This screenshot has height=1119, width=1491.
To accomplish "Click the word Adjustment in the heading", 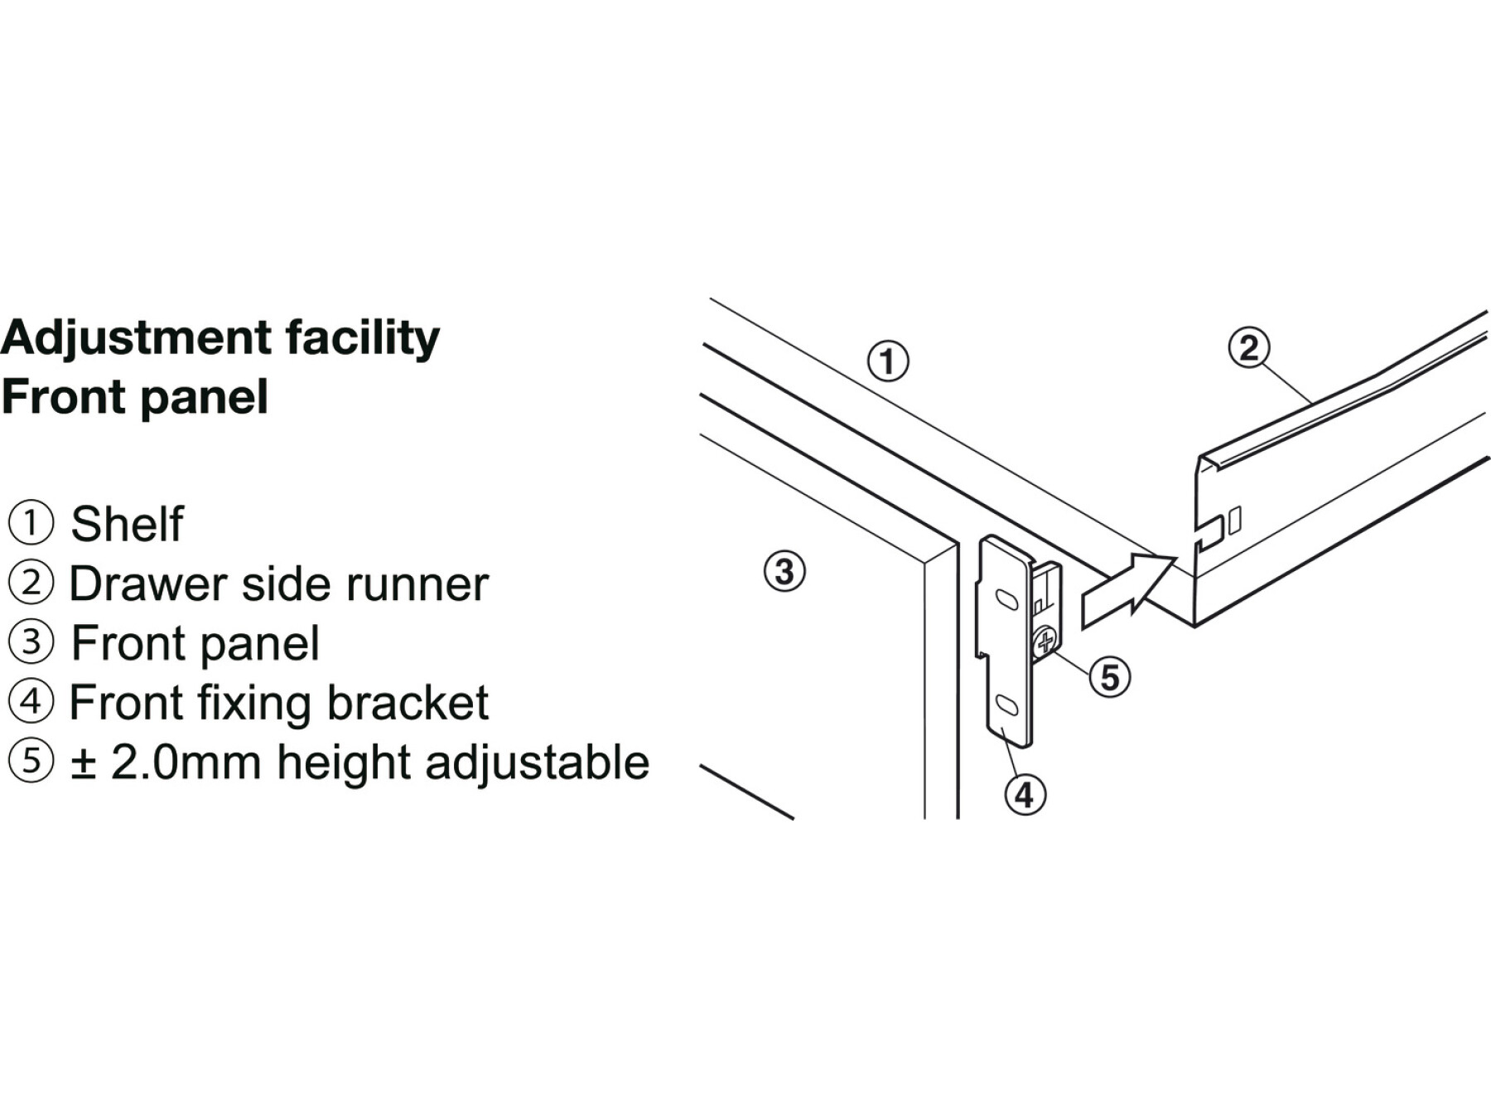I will coord(136,338).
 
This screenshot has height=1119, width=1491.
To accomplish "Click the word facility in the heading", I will coord(362,338).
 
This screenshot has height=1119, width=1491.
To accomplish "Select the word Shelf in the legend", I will coord(127,524).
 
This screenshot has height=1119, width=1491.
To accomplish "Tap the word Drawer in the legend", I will coord(147,584).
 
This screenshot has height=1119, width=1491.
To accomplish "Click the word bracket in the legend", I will coord(408,703).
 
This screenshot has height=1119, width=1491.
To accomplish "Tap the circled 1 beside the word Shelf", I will coord(31,523).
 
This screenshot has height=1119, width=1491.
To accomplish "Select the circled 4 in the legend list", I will coord(31,702).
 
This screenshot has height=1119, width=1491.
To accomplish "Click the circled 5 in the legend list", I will coord(31,761).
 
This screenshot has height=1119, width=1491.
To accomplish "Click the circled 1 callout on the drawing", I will coord(888,361).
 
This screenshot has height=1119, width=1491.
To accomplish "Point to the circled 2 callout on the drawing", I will coord(1249,348).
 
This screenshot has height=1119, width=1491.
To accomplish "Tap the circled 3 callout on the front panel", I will coord(784,571).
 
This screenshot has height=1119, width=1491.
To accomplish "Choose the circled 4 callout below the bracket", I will coord(1025,795).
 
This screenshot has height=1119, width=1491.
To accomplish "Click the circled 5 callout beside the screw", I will coord(1109,677).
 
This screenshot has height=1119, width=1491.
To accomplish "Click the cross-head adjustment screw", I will coord(1045,641).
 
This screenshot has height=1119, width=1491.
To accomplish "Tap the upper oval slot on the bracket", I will coord(1006,599).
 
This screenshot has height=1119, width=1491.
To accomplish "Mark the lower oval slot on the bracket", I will coord(1007,705).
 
